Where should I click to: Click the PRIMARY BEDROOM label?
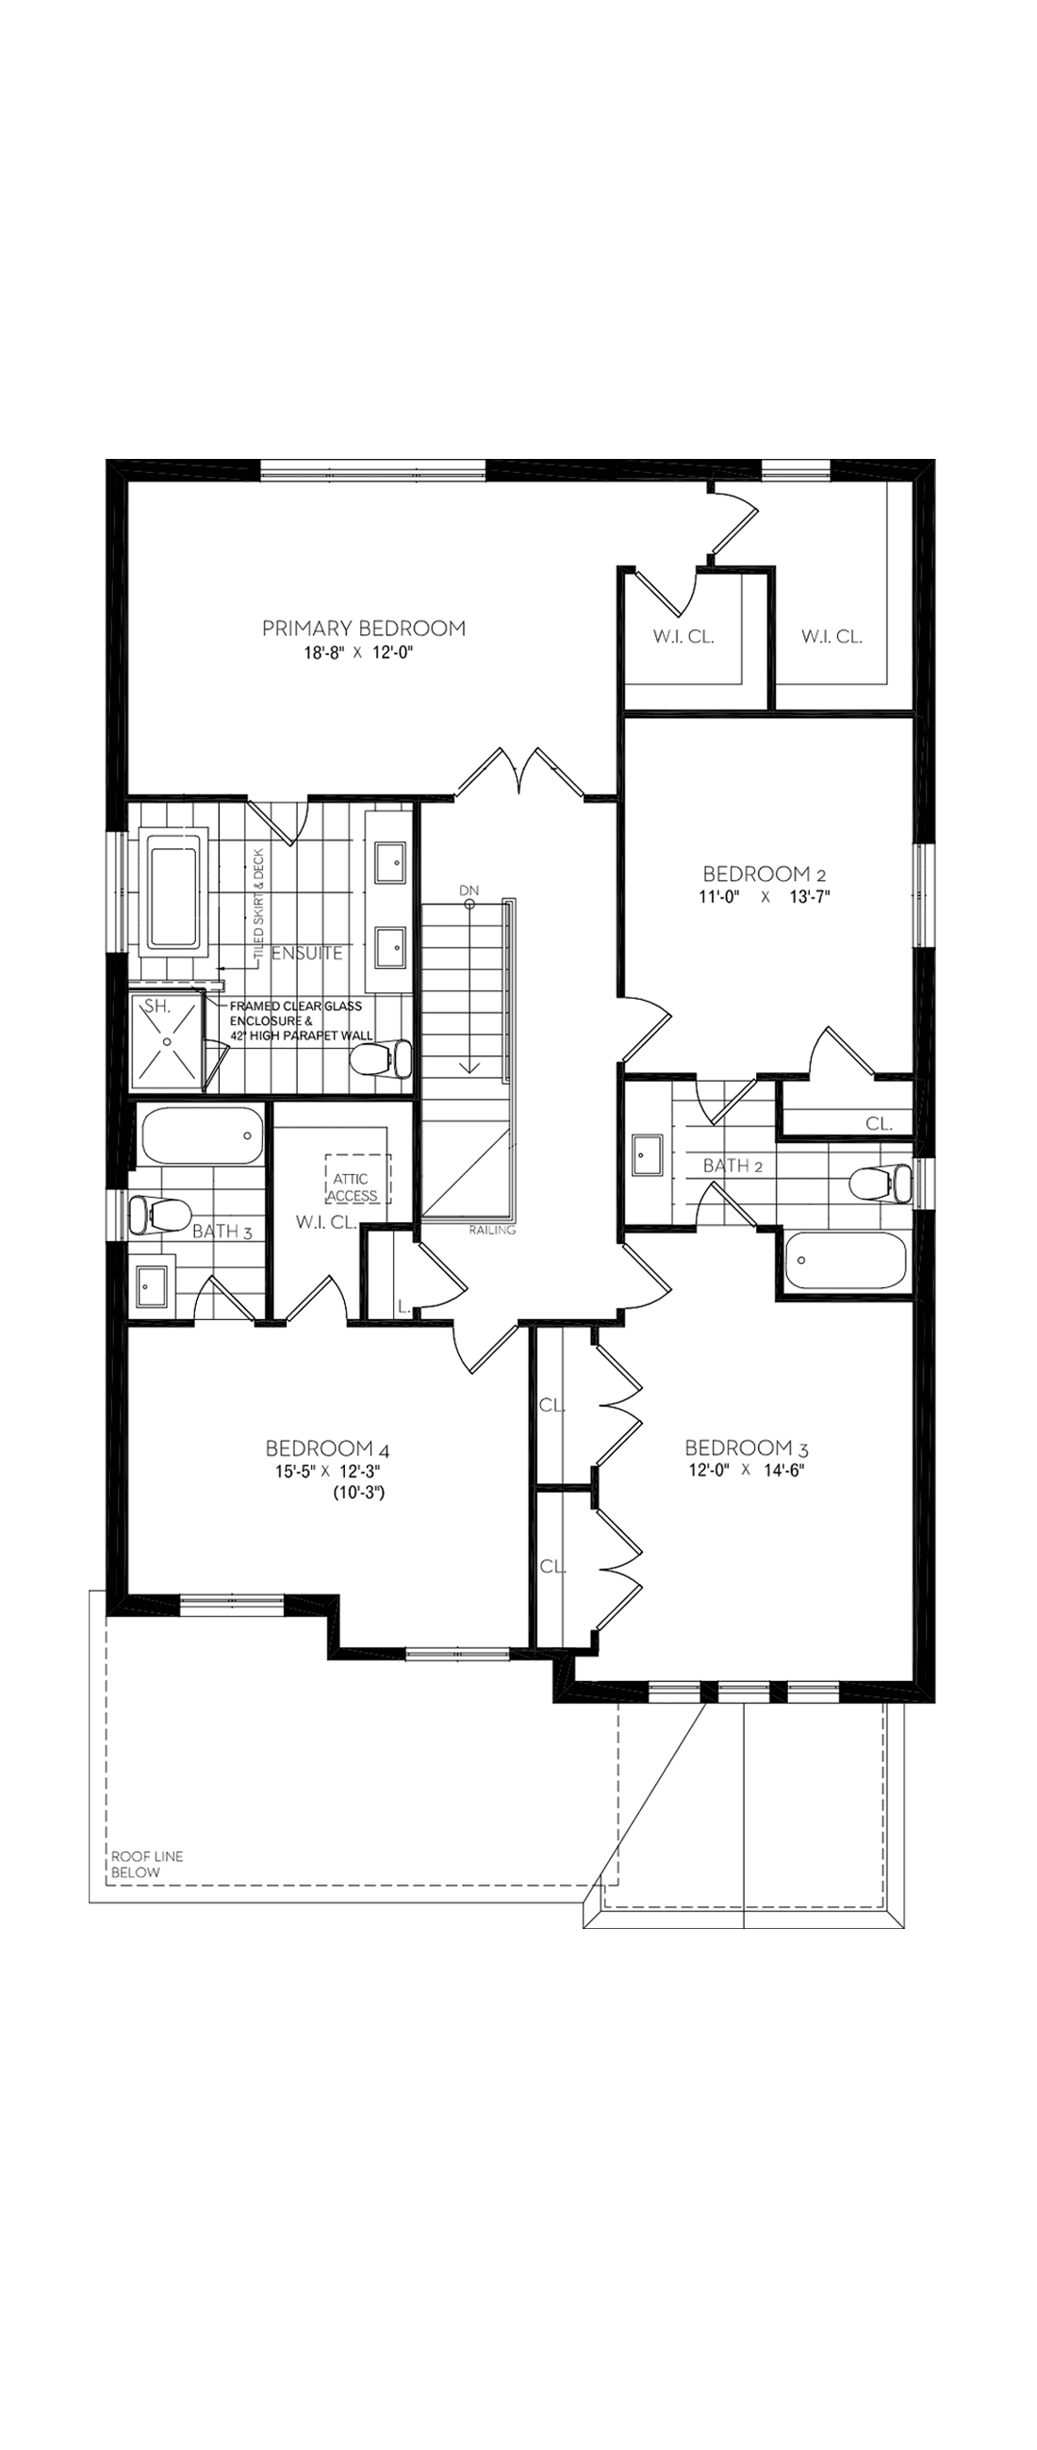click(364, 628)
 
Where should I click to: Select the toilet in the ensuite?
click(382, 1058)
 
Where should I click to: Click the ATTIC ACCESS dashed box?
click(355, 1180)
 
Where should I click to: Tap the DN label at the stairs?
click(469, 890)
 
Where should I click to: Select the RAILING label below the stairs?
click(492, 1230)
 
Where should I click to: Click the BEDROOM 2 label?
click(755, 874)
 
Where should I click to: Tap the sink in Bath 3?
click(152, 1287)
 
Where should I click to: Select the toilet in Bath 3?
click(157, 1215)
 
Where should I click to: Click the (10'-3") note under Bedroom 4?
click(357, 1494)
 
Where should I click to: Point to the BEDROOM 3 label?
click(747, 1447)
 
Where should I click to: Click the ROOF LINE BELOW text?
click(146, 1864)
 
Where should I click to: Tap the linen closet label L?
click(403, 1309)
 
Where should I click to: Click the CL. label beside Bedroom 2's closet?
click(879, 1123)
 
